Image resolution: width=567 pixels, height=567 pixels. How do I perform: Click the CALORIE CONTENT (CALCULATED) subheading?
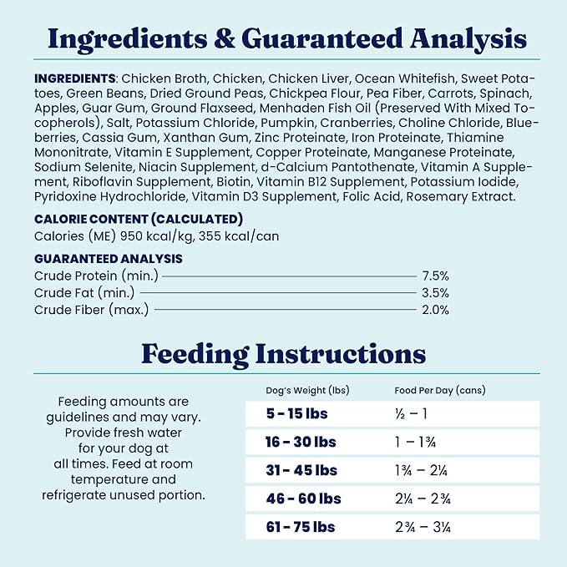[x=139, y=219]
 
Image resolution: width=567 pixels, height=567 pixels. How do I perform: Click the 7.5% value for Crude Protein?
[x=435, y=276]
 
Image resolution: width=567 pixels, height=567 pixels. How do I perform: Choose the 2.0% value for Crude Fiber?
[x=435, y=310]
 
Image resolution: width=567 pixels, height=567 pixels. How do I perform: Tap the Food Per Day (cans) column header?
[x=439, y=390]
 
